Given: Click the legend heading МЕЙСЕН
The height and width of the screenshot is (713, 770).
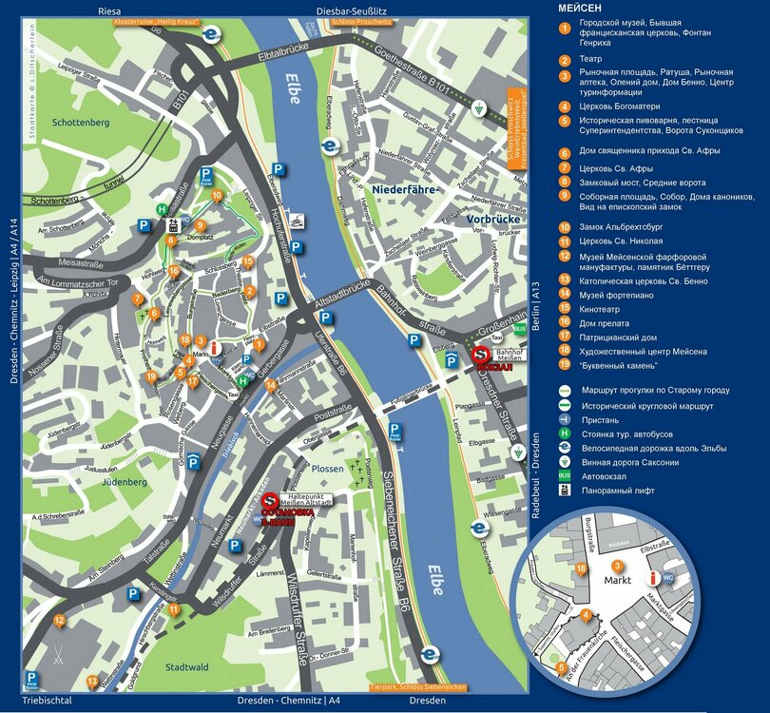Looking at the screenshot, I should [x=582, y=9].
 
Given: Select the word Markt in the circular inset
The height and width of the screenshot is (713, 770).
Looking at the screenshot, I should [x=617, y=579].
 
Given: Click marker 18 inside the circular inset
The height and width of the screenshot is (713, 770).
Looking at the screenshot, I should [x=581, y=568].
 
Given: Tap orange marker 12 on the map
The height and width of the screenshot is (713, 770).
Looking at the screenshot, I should [x=59, y=621].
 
